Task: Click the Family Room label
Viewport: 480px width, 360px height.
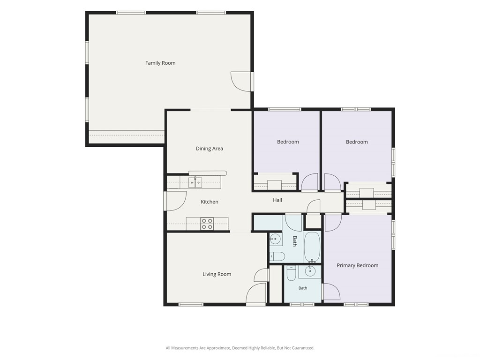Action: pyautogui.click(x=160, y=63)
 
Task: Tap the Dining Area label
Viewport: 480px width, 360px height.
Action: pyautogui.click(x=210, y=149)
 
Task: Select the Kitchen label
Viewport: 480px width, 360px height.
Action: pyautogui.click(x=210, y=202)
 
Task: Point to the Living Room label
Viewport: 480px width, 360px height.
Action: pyautogui.click(x=217, y=274)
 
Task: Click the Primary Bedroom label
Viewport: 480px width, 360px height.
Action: pyautogui.click(x=358, y=265)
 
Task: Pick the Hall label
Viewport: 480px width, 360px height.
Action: pyautogui.click(x=277, y=200)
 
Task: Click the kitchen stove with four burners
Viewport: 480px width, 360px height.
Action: pyautogui.click(x=207, y=224)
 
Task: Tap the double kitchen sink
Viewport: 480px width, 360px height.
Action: pyautogui.click(x=195, y=182)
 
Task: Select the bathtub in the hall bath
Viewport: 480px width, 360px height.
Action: pyautogui.click(x=312, y=247)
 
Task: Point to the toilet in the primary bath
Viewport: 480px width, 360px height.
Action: pyautogui.click(x=291, y=273)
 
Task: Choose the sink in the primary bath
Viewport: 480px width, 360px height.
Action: pyautogui.click(x=310, y=271)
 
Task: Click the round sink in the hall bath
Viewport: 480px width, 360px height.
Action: pyautogui.click(x=276, y=239)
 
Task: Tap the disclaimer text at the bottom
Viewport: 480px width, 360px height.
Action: pyautogui.click(x=240, y=348)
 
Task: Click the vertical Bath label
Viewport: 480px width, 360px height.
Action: pyautogui.click(x=294, y=241)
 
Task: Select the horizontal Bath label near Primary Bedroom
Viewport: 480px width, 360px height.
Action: pyautogui.click(x=303, y=288)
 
